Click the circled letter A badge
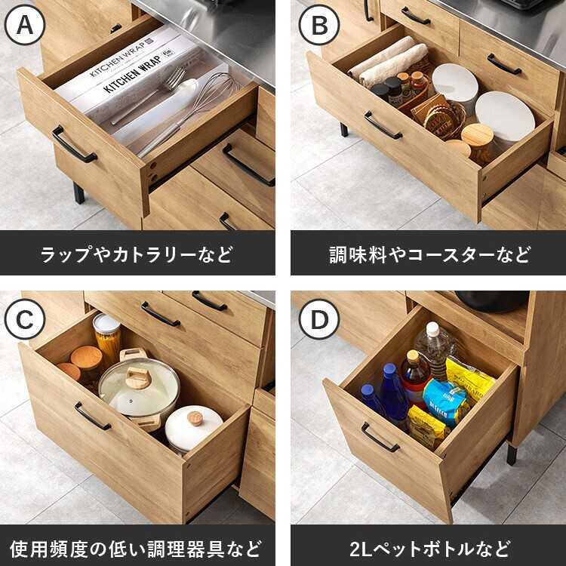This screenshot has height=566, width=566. click(25, 25)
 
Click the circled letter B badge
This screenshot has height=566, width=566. click(319, 25)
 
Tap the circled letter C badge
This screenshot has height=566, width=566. click(25, 319)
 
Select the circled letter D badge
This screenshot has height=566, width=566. click(319, 319)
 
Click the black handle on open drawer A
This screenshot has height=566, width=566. click(73, 144)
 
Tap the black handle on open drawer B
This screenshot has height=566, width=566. click(383, 125)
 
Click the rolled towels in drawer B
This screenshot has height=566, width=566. click(388, 60)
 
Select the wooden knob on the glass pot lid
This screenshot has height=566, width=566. click(137, 377)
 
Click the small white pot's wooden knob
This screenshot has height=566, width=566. click(195, 418)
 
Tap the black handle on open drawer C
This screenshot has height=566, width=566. click(92, 416)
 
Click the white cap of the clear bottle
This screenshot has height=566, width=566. click(432, 329)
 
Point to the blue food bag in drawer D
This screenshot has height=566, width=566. click(445, 401)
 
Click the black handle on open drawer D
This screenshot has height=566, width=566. click(380, 438)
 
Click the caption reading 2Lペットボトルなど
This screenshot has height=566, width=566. click(429, 549)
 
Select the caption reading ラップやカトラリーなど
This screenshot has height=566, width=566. click(137, 254)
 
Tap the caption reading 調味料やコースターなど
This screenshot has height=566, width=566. click(430, 254)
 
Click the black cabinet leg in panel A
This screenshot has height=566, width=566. click(78, 193)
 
